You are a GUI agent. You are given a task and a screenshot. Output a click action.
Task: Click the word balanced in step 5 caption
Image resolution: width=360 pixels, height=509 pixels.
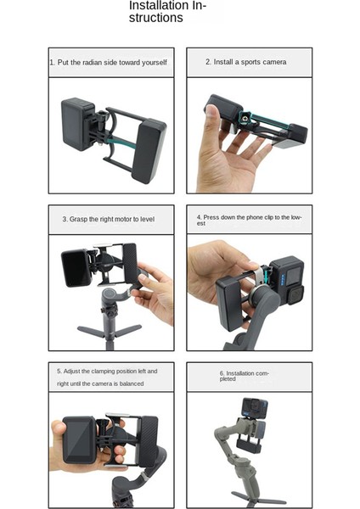point(126,383)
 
